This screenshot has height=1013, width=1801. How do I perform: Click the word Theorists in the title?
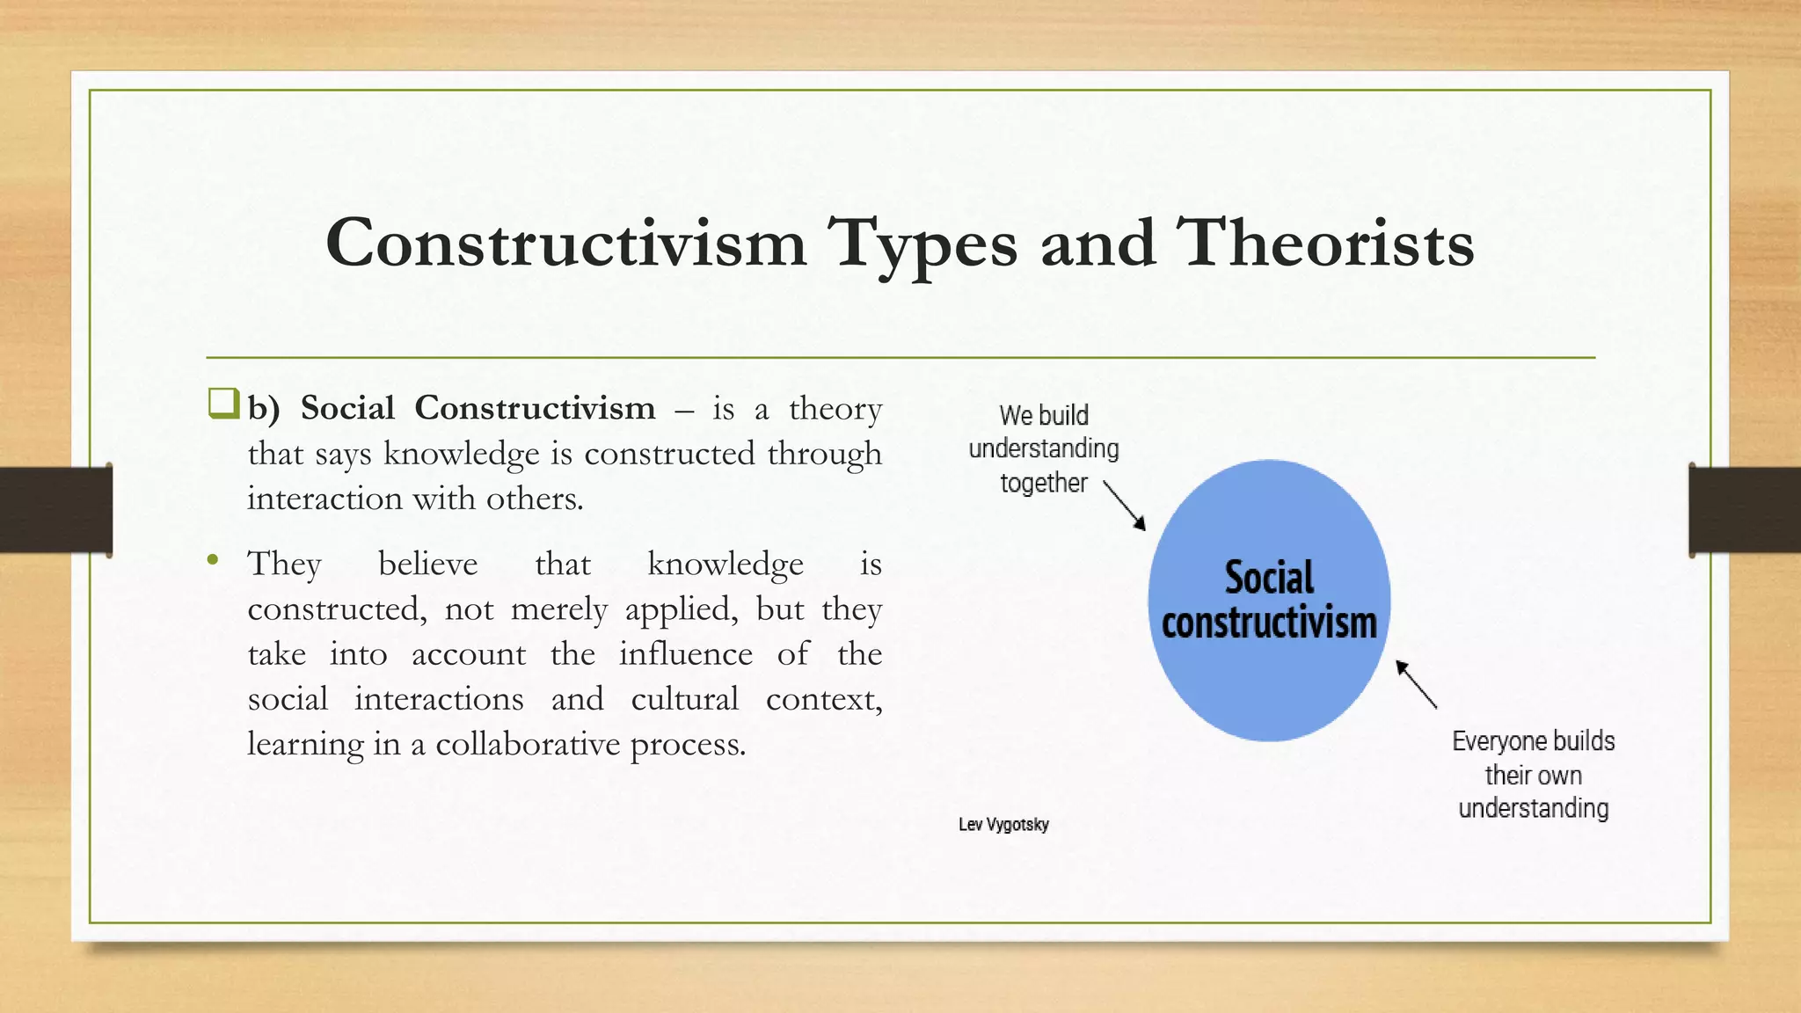pos(1325,244)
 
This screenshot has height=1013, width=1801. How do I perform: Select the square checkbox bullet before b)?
pos(223,404)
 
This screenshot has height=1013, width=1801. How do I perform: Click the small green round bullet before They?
pos(212,559)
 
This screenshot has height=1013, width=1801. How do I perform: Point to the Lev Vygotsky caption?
pos(1003,825)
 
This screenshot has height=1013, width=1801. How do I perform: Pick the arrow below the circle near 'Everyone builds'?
pos(1416,684)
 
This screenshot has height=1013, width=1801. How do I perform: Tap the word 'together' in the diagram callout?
pos(1044,483)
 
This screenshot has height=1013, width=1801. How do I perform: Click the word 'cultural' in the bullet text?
pos(684,699)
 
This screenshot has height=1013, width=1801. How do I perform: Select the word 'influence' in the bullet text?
pos(685,654)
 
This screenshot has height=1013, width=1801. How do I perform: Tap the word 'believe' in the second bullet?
pos(428,564)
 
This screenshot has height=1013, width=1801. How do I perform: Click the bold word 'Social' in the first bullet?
pos(347,408)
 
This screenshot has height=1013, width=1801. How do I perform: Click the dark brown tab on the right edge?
pos(1745,510)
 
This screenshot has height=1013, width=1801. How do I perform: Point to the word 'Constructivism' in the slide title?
pos(565,244)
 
